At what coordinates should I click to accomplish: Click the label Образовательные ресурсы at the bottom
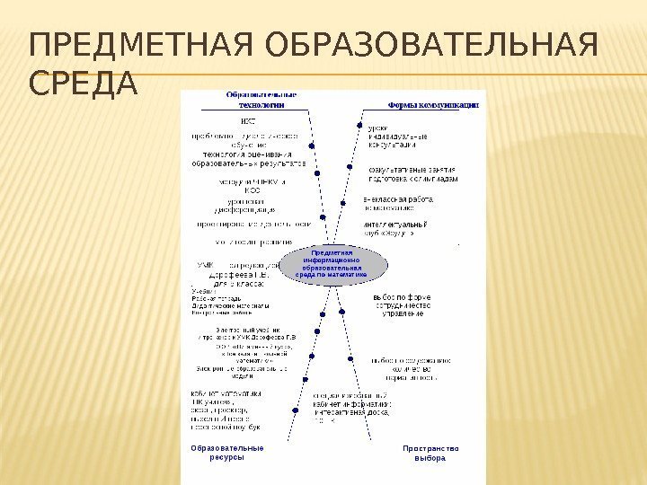pos(226,453)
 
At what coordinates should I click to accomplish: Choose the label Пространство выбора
pos(430,453)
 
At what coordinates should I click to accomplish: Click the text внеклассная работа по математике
pos(398,203)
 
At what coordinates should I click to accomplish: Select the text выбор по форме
pos(402,298)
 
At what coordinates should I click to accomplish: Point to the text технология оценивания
pos(250,155)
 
